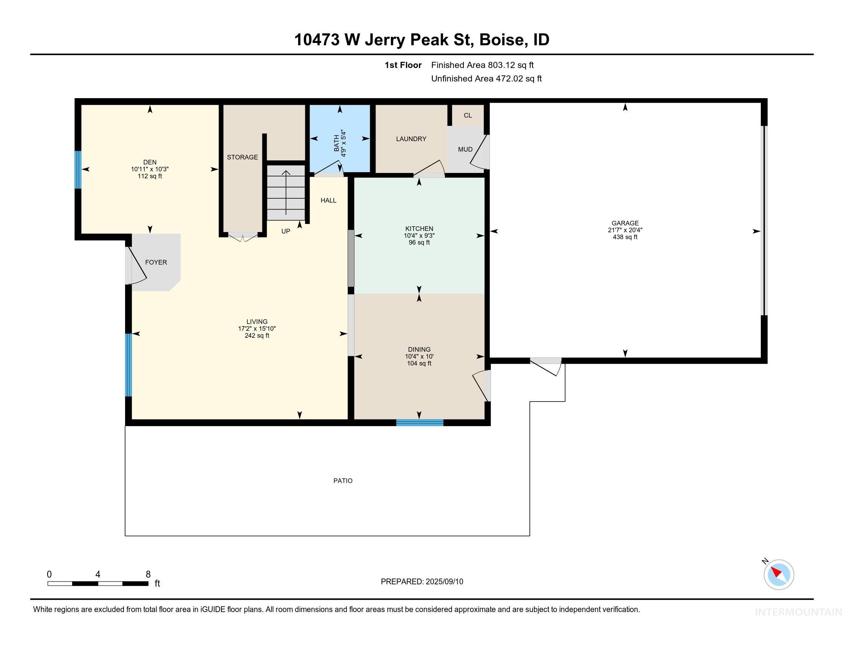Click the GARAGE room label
coord(625,223)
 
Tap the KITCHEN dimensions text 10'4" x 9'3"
coord(419,235)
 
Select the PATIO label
coord(343,481)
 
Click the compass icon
coord(778,575)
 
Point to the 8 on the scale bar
coord(148,575)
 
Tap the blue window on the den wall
coord(78,170)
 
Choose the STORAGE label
coord(242,157)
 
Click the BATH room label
coord(336,143)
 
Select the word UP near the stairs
coord(285,231)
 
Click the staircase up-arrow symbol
coord(286,192)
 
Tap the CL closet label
coord(468,115)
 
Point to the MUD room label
coord(465,150)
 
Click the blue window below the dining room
coord(420,423)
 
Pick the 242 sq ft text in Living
coord(257,336)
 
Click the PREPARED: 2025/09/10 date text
coord(422,582)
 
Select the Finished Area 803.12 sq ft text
coord(482,65)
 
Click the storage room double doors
coord(243,237)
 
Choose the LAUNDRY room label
coord(411,139)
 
